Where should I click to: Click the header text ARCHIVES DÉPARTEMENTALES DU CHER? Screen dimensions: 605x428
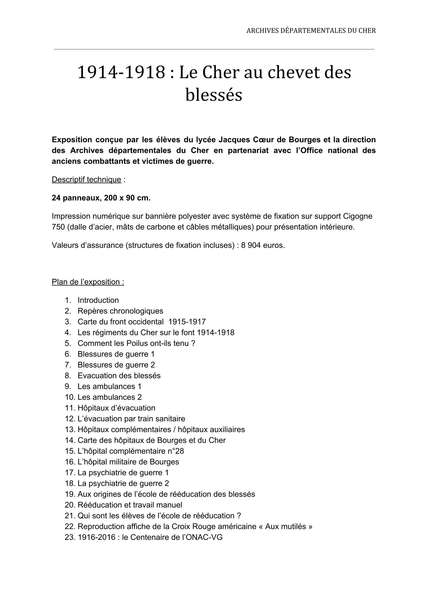click(x=311, y=31)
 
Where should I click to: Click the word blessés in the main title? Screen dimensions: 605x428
click(x=214, y=95)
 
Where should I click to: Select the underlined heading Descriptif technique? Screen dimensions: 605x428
click(x=86, y=180)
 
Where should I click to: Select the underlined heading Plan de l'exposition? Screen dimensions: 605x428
click(x=88, y=282)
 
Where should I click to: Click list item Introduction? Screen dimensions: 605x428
click(x=98, y=300)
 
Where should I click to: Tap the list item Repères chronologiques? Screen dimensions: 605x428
click(x=120, y=311)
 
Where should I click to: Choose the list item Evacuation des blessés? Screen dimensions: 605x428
click(x=119, y=376)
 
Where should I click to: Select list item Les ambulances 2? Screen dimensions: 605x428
click(x=110, y=397)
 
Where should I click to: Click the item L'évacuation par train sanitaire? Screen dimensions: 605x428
click(x=131, y=419)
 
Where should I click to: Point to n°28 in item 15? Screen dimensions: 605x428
click(x=175, y=451)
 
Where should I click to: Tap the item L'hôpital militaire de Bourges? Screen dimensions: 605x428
click(x=128, y=462)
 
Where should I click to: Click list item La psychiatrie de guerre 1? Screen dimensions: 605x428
click(x=123, y=473)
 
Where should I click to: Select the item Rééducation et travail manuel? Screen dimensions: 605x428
click(x=130, y=505)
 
